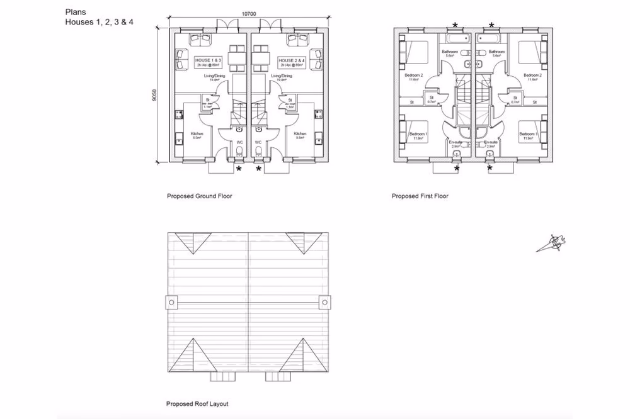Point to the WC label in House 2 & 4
pos(258,143)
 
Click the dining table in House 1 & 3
pos(237,58)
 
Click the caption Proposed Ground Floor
pos(199,196)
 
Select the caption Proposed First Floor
pos(420,196)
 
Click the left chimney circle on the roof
pos(171,303)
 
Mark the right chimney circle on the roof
pos(324,303)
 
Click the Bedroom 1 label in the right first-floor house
pos(527,134)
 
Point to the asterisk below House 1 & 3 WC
pos(238,169)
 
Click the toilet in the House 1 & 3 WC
pos(239,152)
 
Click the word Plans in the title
pos(75,11)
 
